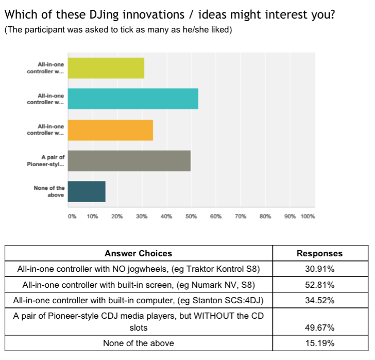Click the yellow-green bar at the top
tap(106, 68)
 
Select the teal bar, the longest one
tap(133, 99)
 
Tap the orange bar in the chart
tap(110, 130)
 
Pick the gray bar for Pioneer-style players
tap(129, 161)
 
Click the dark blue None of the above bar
tap(87, 191)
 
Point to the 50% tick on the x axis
tap(191, 217)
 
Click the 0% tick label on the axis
tap(72, 217)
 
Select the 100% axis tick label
tap(308, 217)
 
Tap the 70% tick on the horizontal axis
tap(241, 217)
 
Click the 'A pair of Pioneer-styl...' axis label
tap(47, 161)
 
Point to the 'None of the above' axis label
tap(49, 191)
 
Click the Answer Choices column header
tap(138, 253)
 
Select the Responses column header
tap(319, 253)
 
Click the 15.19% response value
tap(319, 343)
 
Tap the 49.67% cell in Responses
tap(319, 328)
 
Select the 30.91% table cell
tap(319, 269)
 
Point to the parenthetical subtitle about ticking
tap(118, 30)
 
